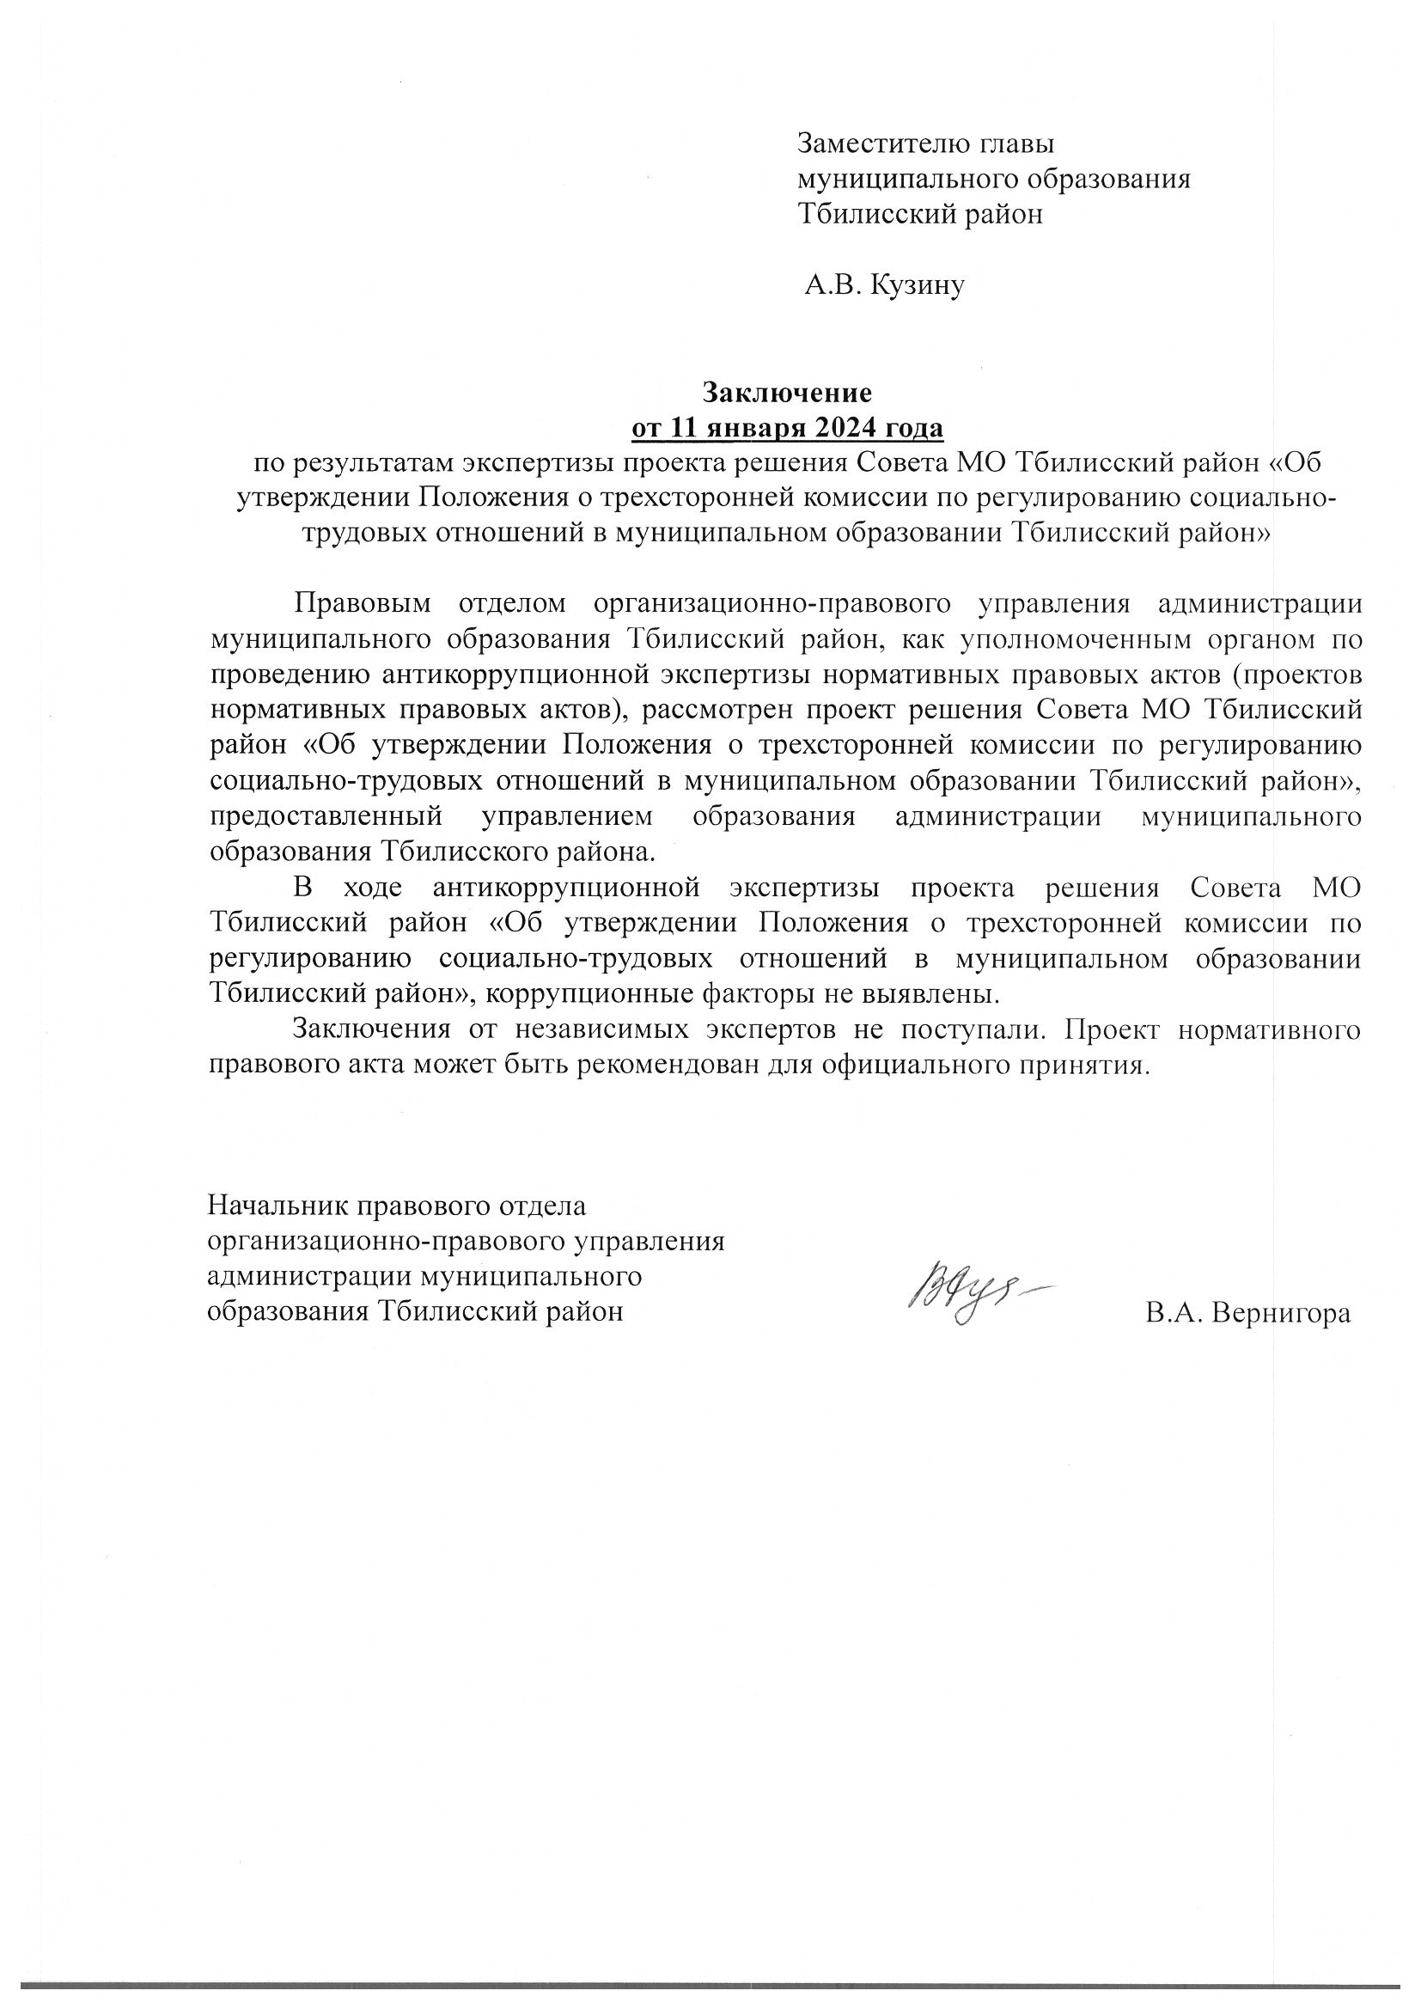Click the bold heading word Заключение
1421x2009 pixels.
[x=789, y=391]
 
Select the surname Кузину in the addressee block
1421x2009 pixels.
[x=917, y=285]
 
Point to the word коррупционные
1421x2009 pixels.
[x=589, y=994]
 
